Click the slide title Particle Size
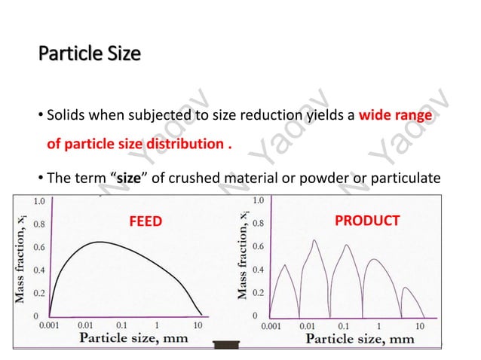89,55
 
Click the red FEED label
146,221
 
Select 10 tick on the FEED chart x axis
197,326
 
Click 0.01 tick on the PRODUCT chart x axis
308,327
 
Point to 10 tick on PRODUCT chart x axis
419,327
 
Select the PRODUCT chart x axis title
360,340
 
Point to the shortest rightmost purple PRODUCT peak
406,287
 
